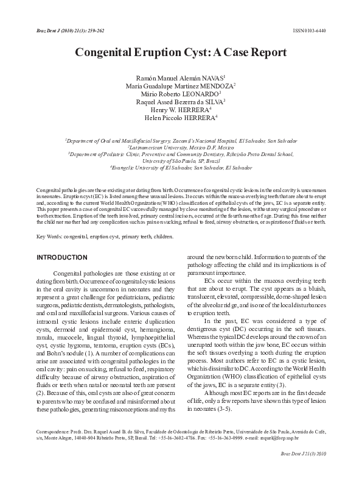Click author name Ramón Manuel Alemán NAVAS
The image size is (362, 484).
(181, 79)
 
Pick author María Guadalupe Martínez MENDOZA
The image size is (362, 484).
(181, 87)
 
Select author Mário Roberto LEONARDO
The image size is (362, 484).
(181, 94)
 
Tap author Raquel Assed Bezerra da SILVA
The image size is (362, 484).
(181, 102)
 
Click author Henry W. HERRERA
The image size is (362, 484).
(181, 110)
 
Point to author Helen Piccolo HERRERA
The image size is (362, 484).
(181, 118)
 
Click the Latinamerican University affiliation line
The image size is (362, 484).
(181, 148)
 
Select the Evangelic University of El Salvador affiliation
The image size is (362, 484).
(181, 167)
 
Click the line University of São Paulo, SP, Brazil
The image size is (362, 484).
(181, 161)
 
